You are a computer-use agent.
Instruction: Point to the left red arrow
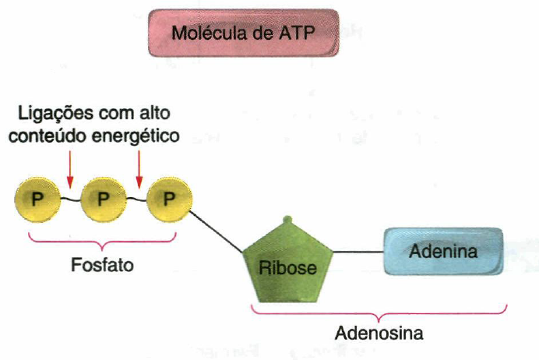click(69, 168)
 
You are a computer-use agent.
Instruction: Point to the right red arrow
click(139, 168)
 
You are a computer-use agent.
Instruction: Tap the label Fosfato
click(102, 265)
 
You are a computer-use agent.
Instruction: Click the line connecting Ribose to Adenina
click(358, 252)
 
